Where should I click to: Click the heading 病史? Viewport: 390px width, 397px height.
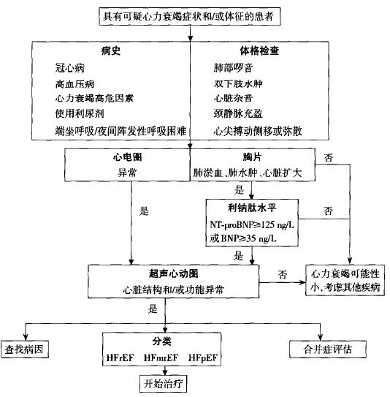[x=111, y=52]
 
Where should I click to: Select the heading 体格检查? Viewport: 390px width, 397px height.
[x=259, y=52]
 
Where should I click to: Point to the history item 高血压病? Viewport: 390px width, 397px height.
[x=74, y=85]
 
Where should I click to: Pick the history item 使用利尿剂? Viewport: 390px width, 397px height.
[x=79, y=116]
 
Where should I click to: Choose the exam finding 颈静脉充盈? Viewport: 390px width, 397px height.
[x=237, y=116]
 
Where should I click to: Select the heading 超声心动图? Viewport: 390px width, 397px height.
[x=173, y=273]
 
